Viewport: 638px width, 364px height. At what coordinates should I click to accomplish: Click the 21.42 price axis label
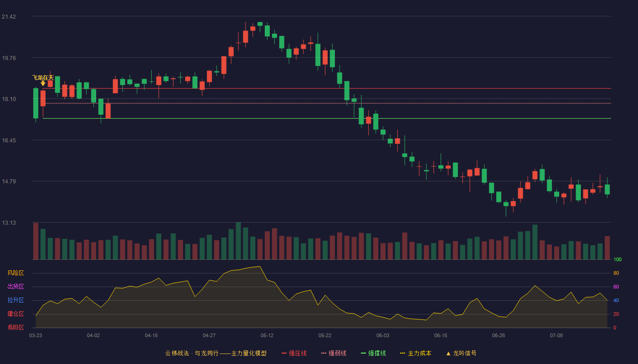[x=9, y=17]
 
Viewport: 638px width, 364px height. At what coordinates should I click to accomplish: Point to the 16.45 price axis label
[x=9, y=141]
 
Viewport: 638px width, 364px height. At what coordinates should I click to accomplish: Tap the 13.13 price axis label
[x=9, y=222]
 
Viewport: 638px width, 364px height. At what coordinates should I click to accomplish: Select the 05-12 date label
[x=267, y=336]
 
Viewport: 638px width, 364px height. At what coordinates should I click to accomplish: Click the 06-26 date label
[x=499, y=336]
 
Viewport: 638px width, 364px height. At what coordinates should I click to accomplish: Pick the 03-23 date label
[x=36, y=336]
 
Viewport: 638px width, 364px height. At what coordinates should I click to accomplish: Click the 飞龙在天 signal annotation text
[x=43, y=78]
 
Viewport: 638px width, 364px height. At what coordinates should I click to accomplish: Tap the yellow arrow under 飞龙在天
[x=43, y=83]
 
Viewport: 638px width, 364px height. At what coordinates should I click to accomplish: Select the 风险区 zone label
[x=15, y=273]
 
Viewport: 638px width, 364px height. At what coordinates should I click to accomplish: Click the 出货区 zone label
[x=15, y=286]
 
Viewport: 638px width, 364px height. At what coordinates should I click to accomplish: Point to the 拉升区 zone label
[x=15, y=300]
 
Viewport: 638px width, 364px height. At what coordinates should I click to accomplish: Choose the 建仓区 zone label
[x=15, y=313]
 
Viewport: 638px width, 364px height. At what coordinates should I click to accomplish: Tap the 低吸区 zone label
[x=15, y=327]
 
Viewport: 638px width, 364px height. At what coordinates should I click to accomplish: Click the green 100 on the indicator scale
[x=617, y=259]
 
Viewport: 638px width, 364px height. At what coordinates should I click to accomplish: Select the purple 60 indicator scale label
[x=616, y=287]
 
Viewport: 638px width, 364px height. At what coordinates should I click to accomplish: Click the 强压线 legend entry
[x=294, y=353]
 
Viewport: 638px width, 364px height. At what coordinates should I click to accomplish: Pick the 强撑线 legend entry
[x=373, y=353]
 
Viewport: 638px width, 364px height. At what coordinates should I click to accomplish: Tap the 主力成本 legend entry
[x=416, y=353]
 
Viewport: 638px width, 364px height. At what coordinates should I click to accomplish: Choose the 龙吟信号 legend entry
[x=461, y=353]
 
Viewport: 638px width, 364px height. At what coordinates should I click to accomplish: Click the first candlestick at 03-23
[x=36, y=104]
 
